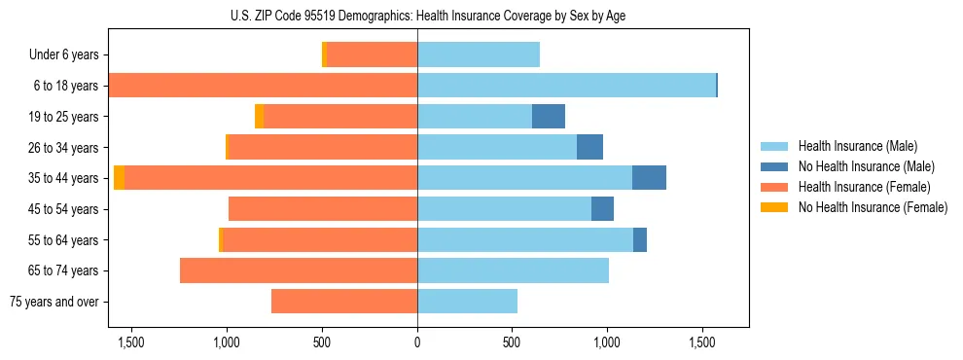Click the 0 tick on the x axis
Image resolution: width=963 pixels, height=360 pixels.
[417, 342]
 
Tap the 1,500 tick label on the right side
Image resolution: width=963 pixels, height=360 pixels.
[702, 342]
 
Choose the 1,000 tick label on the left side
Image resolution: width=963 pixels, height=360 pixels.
[227, 342]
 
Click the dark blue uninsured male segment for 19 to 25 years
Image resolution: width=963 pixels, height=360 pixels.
[549, 117]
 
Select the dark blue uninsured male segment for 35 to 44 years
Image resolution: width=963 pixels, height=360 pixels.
[649, 178]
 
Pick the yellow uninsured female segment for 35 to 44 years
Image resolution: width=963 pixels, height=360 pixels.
[119, 178]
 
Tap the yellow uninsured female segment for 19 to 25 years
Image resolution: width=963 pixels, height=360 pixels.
[259, 117]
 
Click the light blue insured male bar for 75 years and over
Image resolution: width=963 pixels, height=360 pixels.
[467, 302]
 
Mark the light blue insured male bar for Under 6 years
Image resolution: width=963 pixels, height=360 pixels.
[479, 55]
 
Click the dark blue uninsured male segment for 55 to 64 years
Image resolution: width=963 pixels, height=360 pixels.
[640, 239]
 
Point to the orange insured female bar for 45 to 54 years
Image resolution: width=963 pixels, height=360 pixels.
[323, 209]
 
